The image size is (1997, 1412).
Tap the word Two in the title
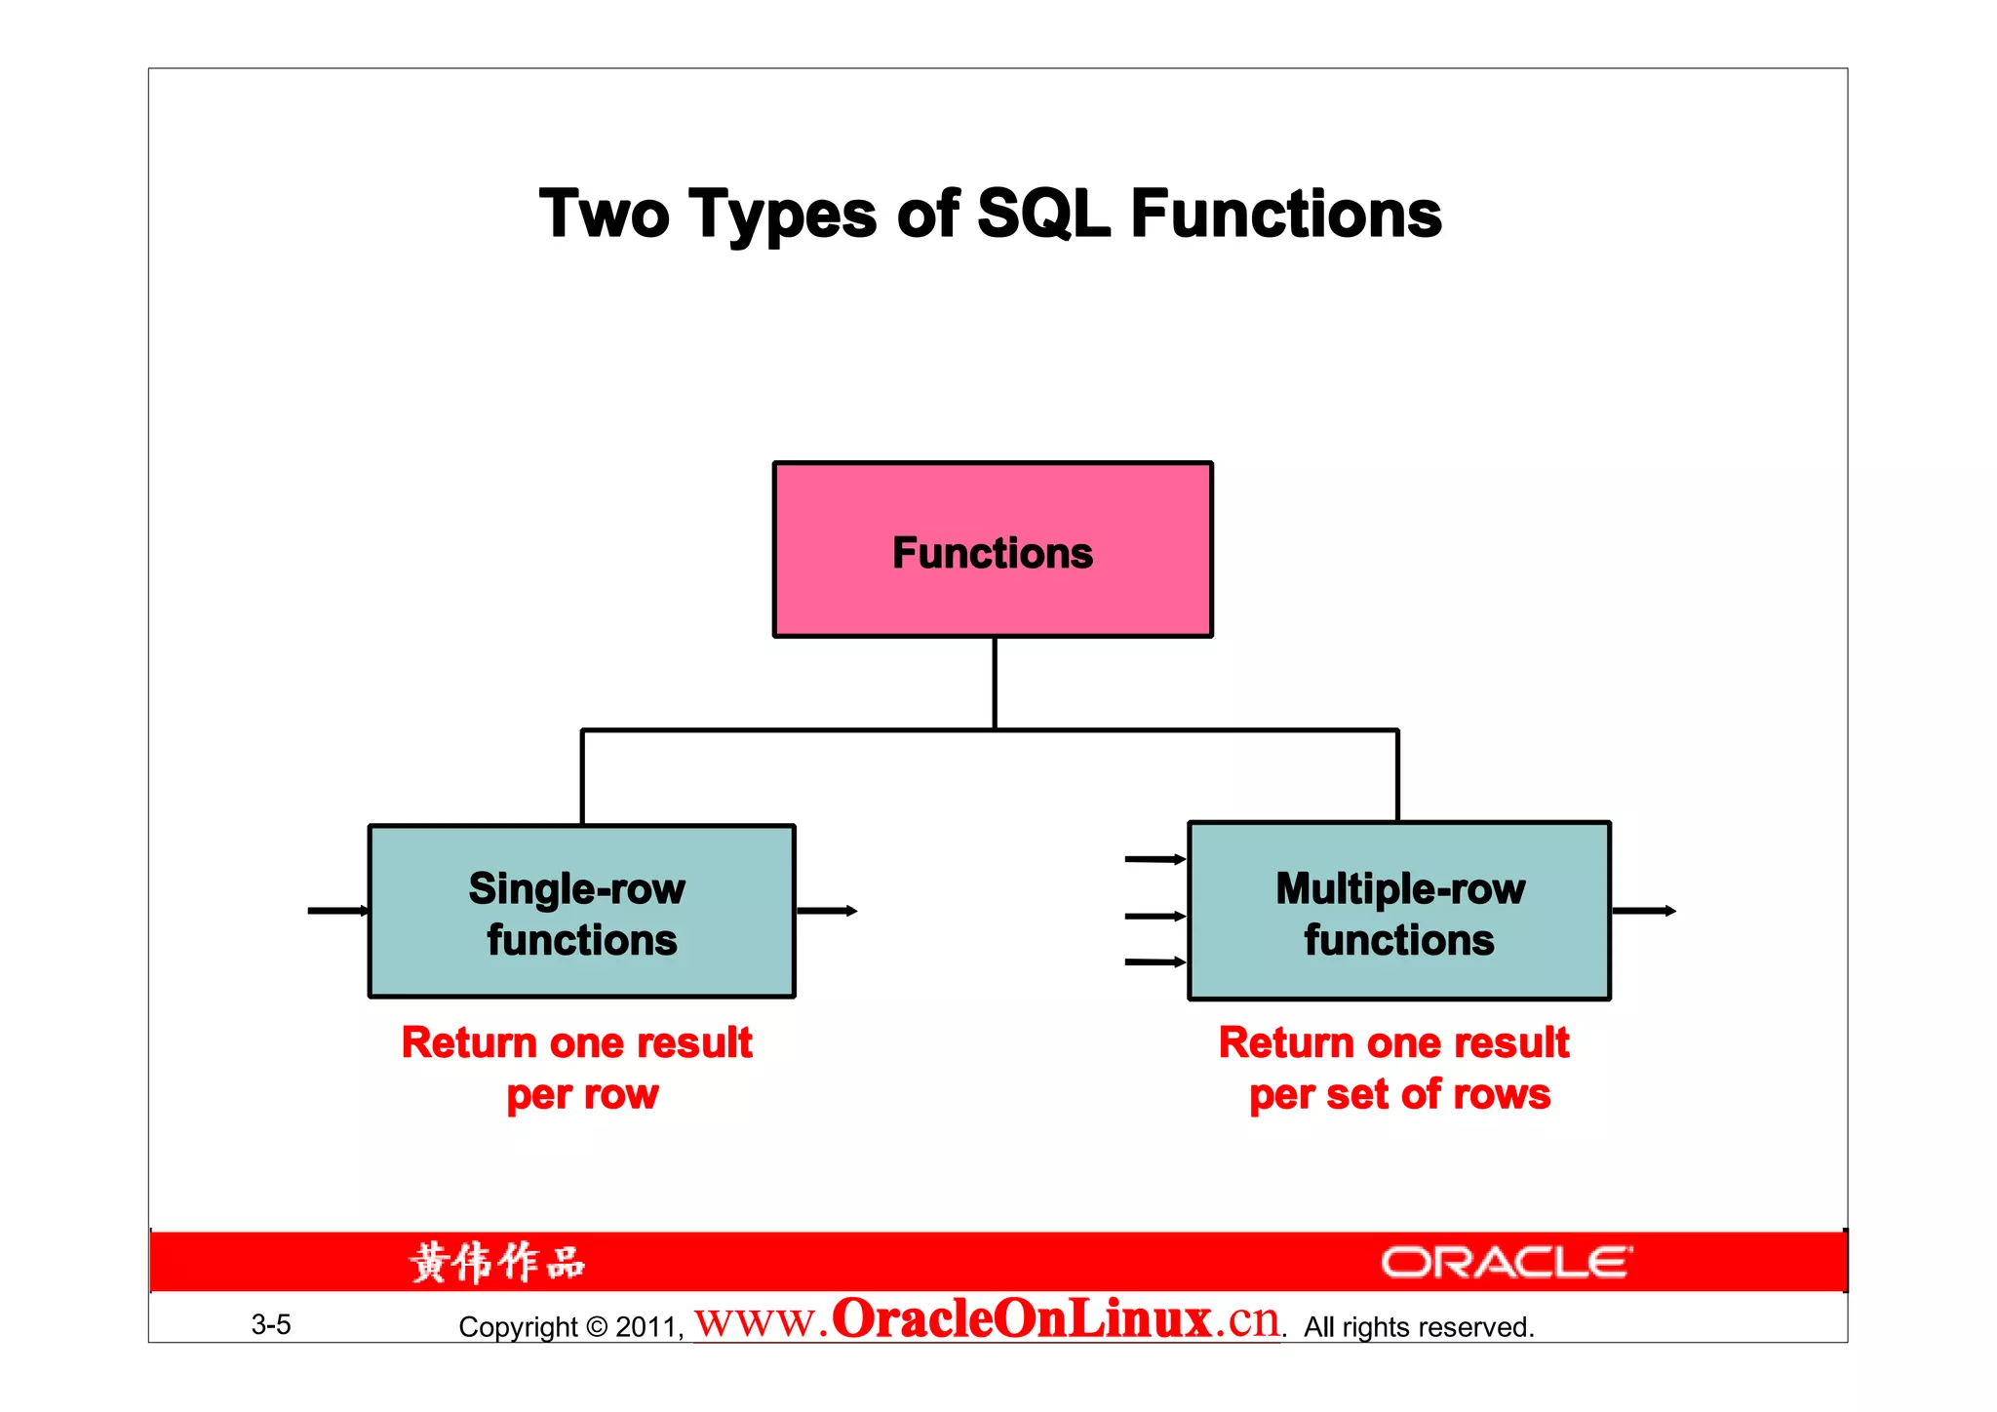click(604, 215)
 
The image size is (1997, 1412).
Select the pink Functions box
click(993, 550)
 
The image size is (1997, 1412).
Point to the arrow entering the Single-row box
click(337, 911)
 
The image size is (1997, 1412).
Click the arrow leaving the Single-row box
click(827, 911)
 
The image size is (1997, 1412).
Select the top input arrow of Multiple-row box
click(1155, 859)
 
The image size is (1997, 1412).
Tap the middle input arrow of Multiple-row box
click(1155, 916)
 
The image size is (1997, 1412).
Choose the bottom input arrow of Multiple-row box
click(1155, 962)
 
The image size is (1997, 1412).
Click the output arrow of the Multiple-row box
click(1644, 911)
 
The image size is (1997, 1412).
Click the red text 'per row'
click(582, 1095)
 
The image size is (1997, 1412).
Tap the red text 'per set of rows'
click(1399, 1095)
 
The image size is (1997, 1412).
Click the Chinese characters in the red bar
click(497, 1263)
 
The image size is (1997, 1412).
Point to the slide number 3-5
click(271, 1324)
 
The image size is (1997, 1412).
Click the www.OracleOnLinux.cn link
click(987, 1319)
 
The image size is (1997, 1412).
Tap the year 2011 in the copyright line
click(646, 1327)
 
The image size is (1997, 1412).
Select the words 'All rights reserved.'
click(1419, 1327)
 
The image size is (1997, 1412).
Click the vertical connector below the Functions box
click(995, 683)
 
